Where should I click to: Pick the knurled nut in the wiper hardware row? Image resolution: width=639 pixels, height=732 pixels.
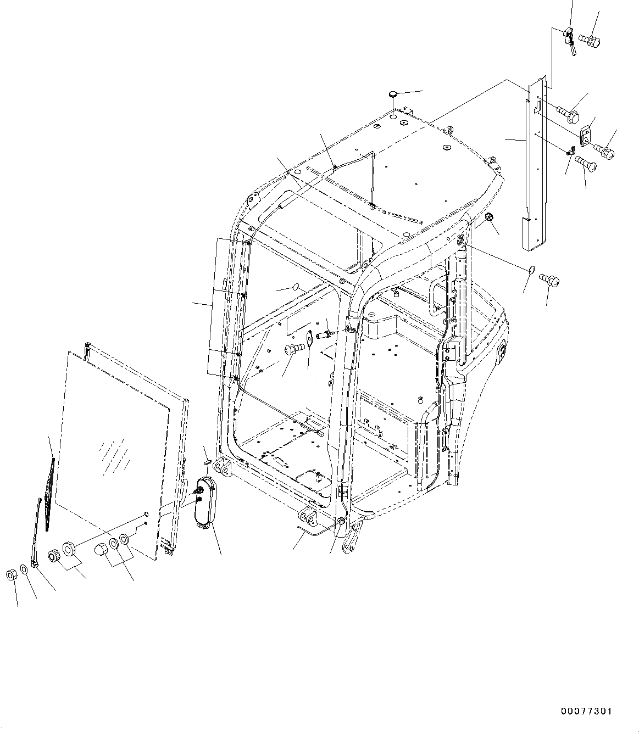pos(54,556)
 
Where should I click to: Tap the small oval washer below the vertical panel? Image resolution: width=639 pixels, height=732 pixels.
pos(531,269)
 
